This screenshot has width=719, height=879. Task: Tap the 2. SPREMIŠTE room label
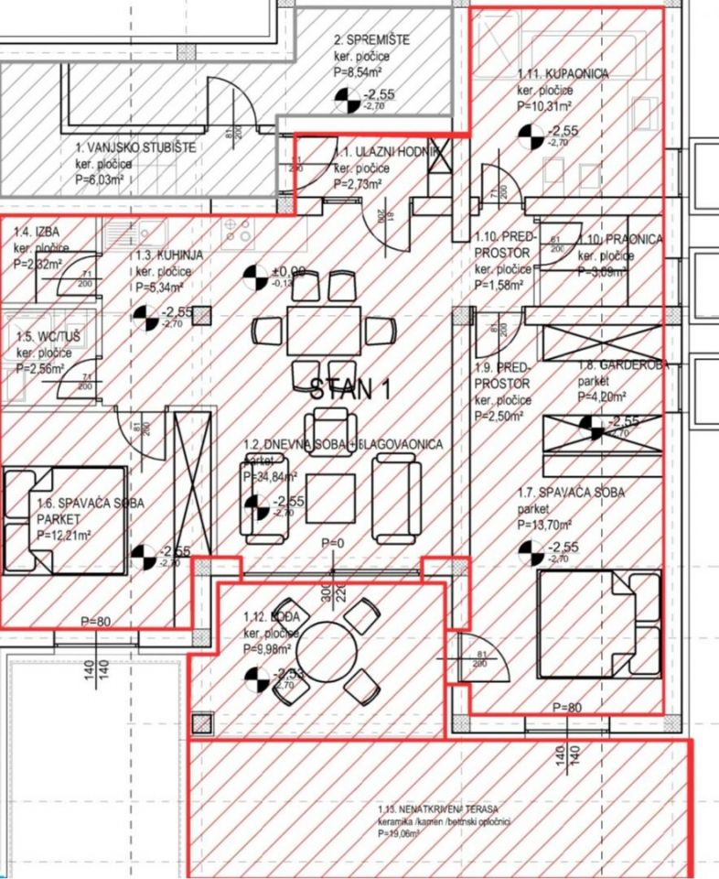[x=371, y=40]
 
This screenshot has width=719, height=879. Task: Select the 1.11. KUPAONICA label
[x=563, y=74]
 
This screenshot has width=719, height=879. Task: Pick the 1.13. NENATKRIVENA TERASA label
[x=437, y=809]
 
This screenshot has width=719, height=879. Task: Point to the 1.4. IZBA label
[x=33, y=246]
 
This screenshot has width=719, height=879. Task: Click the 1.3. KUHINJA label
[x=170, y=257]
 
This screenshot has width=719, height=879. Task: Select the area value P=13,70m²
[x=544, y=524]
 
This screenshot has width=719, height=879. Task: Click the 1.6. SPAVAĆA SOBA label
[x=91, y=503]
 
